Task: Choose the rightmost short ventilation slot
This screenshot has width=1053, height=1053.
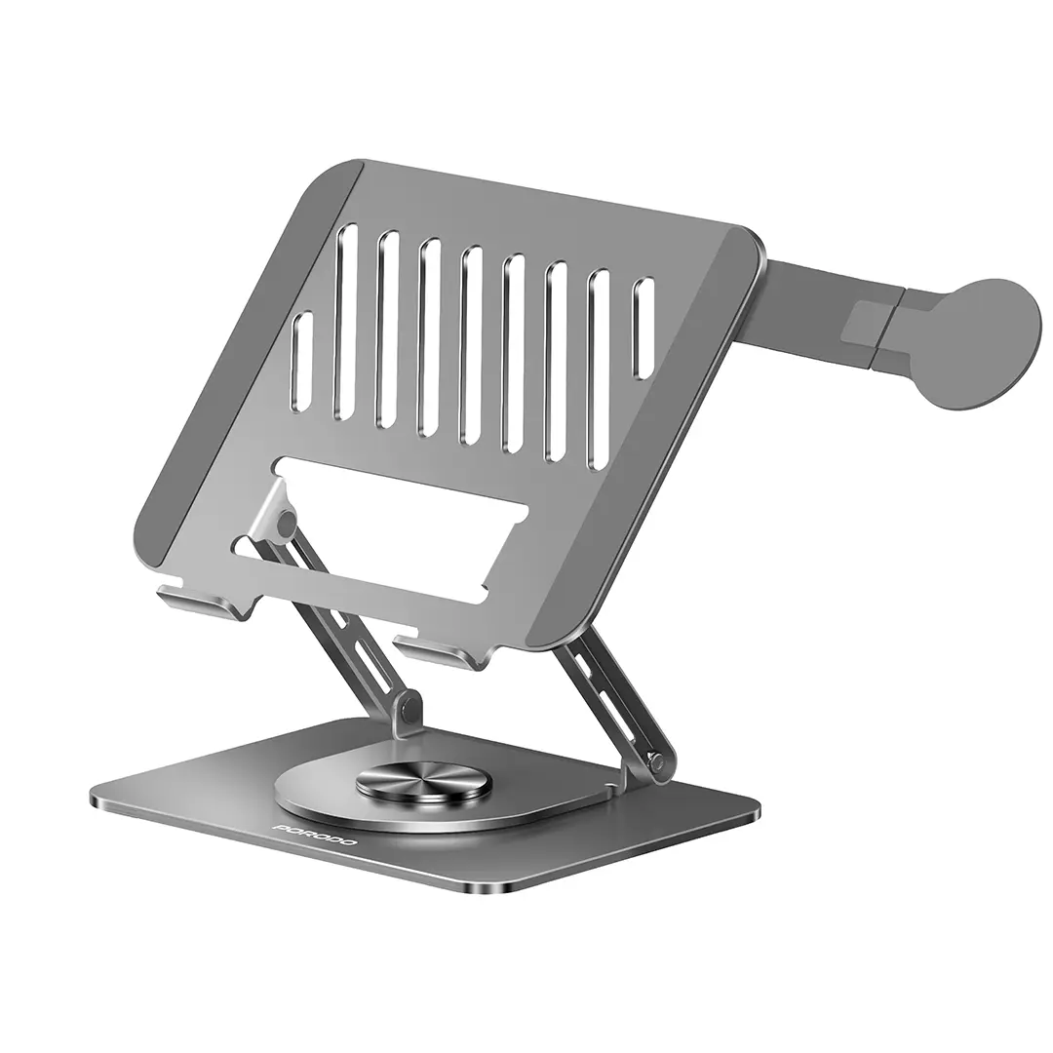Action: [x=643, y=329]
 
